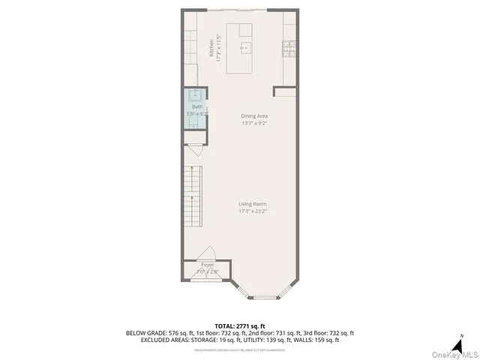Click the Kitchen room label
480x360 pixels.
point(211,50)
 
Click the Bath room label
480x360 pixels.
point(196,106)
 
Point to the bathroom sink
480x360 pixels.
point(196,95)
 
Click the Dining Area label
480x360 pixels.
point(254,116)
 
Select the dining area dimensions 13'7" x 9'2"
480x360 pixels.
point(254,124)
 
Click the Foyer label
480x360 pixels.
point(207,264)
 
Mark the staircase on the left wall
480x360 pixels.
point(193,196)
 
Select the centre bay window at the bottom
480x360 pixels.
point(264,297)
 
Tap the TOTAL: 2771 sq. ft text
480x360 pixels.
point(240,325)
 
